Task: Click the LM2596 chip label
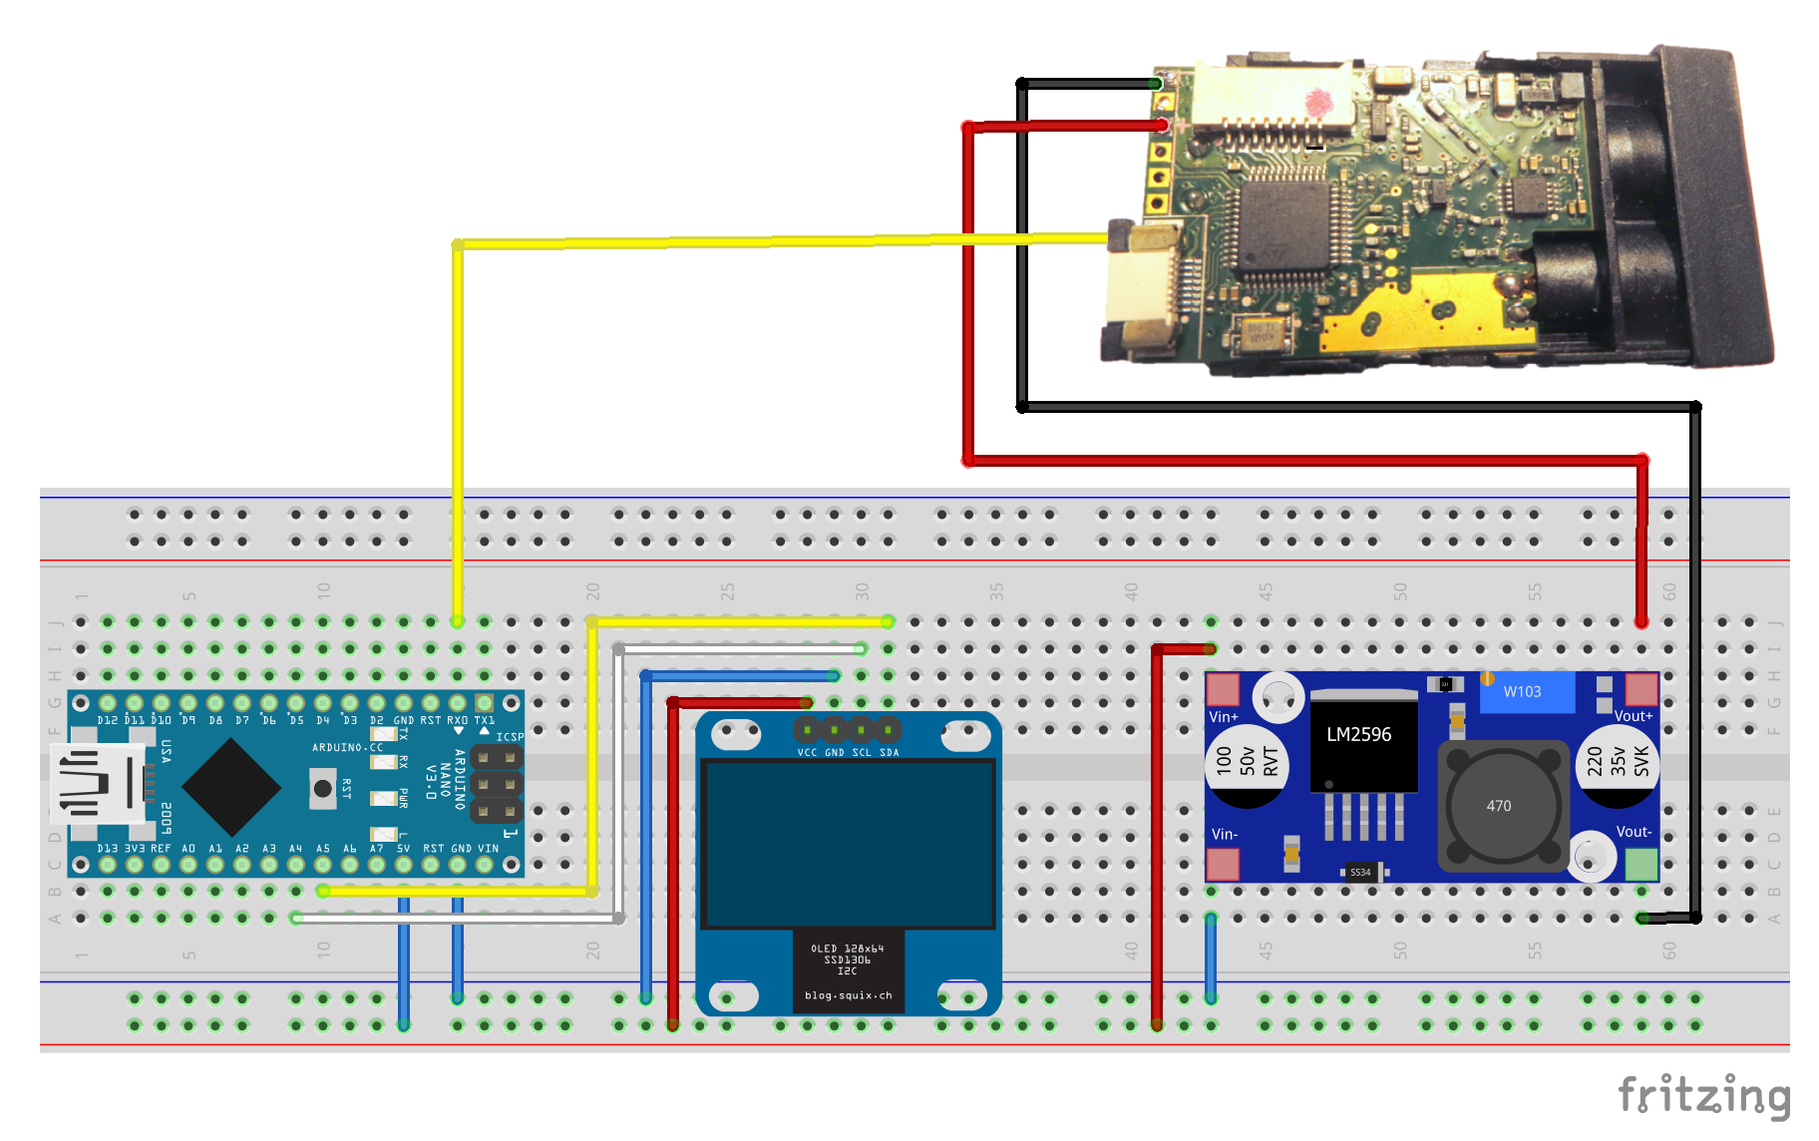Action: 1358,735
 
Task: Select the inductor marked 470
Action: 1498,806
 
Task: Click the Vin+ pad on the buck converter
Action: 1223,689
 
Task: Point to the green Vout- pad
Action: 1640,864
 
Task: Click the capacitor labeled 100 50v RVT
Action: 1247,763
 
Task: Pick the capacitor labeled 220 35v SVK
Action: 1618,763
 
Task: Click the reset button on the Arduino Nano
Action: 322,788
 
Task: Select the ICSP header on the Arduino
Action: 496,784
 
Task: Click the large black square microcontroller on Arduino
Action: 231,787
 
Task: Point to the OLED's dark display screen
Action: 849,844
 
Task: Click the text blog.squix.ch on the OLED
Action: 848,995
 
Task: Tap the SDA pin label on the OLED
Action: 889,752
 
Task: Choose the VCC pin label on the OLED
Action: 807,752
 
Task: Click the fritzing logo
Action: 1703,1095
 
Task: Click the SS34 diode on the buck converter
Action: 1360,872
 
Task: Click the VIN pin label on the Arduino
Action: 488,849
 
